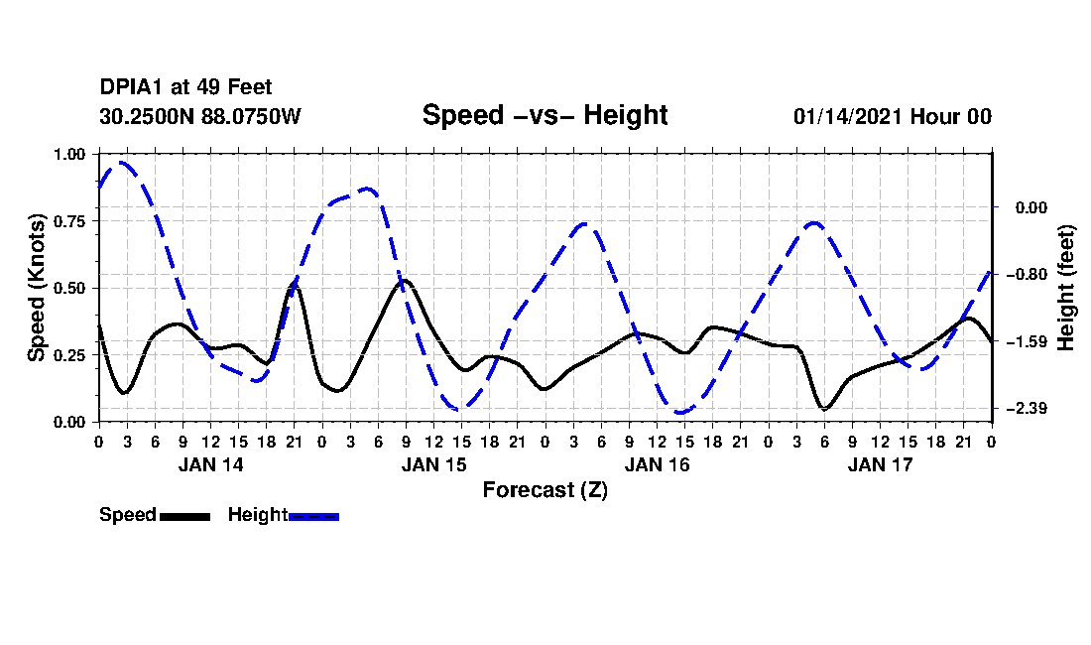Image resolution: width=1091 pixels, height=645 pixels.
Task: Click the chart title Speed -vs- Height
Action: coord(545,115)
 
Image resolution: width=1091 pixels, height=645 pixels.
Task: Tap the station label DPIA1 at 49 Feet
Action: coord(185,88)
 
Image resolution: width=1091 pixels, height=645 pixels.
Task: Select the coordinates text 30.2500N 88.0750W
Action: coord(199,116)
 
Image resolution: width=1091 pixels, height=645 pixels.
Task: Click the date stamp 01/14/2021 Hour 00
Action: coord(892,116)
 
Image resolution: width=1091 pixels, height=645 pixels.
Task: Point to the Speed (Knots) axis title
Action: coord(37,288)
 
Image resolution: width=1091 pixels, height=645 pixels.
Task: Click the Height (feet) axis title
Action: coord(1066,288)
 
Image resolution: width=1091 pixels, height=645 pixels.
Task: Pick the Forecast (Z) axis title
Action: coord(545,489)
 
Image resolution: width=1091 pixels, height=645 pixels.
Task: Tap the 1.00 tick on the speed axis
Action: coord(68,155)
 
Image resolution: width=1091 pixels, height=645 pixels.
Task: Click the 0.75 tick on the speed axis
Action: coord(68,221)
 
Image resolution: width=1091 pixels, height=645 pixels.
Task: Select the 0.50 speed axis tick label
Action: coord(68,289)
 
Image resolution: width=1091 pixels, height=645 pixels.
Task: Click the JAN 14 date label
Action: coord(210,464)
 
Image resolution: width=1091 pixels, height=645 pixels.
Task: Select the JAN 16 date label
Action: coord(657,464)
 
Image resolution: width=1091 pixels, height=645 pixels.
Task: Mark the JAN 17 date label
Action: coord(880,464)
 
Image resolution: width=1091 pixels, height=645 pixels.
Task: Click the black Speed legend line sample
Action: coord(184,516)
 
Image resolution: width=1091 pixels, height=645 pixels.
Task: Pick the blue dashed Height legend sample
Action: coord(313,516)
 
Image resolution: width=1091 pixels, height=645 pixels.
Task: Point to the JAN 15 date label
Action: coord(433,464)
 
